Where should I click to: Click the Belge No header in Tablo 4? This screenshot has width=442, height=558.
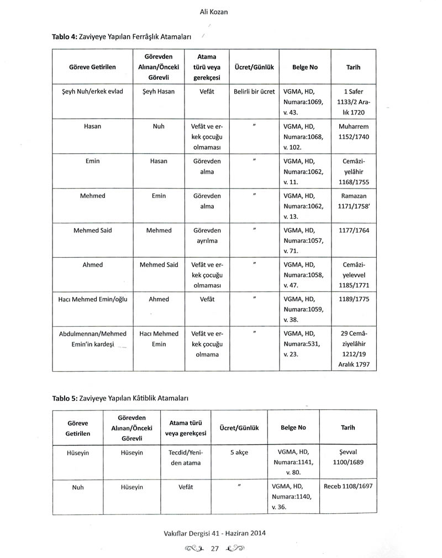[305, 67]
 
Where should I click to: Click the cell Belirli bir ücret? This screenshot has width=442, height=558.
[254, 92]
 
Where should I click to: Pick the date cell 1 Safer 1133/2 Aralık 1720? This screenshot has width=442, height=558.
[353, 102]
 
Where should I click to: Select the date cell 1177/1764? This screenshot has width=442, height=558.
[353, 230]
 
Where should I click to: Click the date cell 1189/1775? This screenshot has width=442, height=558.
[353, 299]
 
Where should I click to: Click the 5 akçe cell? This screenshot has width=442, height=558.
[239, 452]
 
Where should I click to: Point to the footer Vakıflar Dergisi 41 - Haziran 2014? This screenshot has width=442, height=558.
[220, 534]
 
